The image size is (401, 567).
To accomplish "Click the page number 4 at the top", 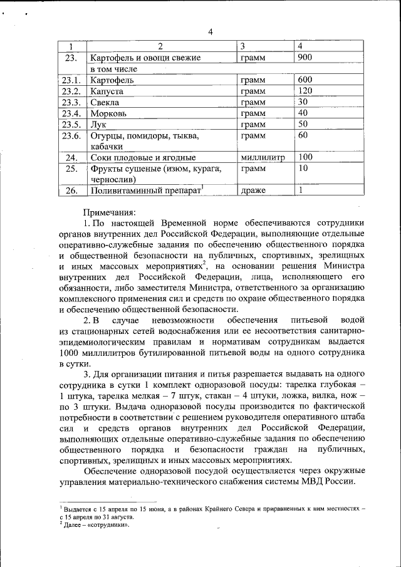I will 211,33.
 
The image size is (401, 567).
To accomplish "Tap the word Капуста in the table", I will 107,91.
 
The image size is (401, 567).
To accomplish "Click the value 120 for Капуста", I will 306,91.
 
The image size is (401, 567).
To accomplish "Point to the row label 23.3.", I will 71,102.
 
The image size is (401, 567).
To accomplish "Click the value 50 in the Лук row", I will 303,125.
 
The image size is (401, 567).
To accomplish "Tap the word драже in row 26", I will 253,190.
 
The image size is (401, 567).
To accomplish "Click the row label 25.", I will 71,169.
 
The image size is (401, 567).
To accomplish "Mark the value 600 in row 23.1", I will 306,80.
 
